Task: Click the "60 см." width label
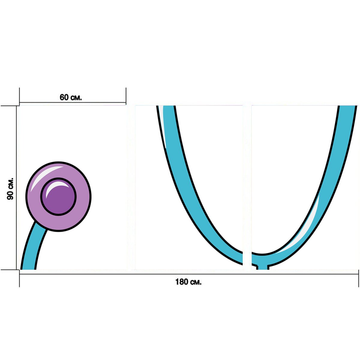(70, 97)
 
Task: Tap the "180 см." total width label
(188, 282)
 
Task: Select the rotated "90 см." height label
(10, 189)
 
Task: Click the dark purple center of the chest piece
(58, 196)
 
